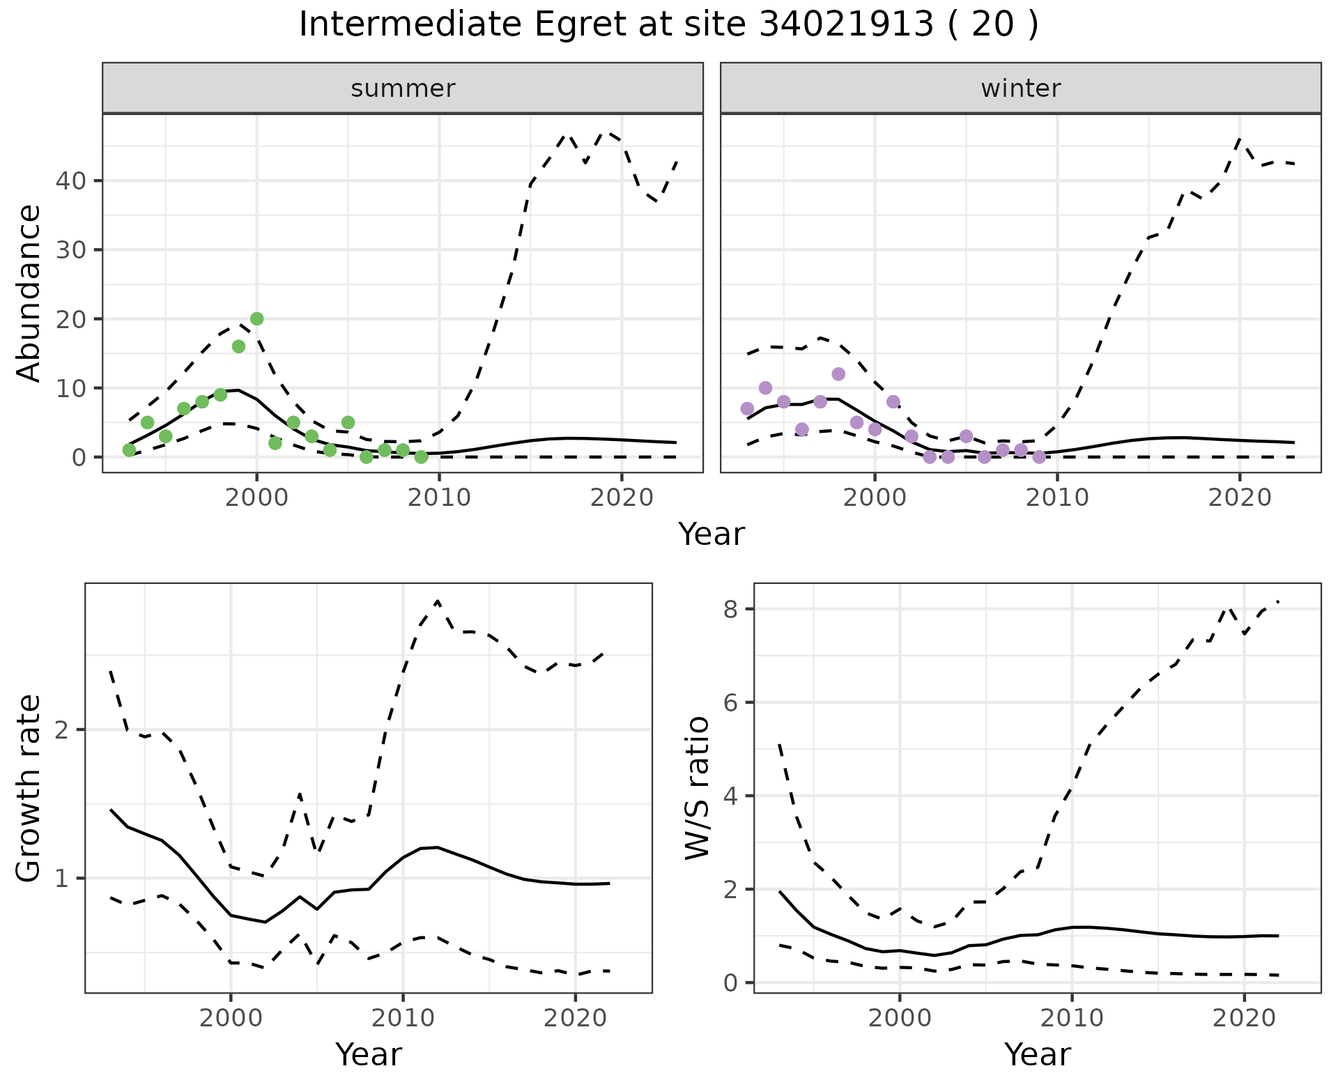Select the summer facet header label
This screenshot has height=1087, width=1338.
click(x=403, y=88)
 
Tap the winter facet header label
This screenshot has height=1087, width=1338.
click(x=1020, y=88)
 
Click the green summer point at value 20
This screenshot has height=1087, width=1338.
click(x=256, y=319)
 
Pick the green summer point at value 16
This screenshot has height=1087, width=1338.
click(x=238, y=346)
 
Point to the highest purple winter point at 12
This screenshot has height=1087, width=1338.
click(x=838, y=374)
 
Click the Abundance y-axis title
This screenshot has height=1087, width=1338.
click(x=29, y=293)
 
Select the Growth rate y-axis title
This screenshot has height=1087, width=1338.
click(x=29, y=787)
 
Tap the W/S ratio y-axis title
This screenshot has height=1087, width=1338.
click(x=697, y=787)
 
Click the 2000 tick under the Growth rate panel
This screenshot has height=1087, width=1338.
click(x=231, y=1018)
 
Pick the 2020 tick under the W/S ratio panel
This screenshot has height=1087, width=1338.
click(x=1245, y=1018)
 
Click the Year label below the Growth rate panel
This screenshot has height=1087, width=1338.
click(x=369, y=1055)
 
